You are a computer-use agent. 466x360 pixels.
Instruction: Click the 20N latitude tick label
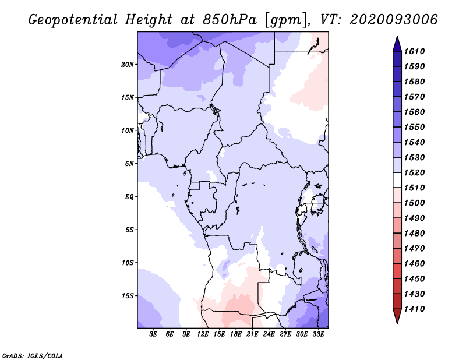point(128,64)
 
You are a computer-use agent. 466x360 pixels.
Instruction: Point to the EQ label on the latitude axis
point(129,197)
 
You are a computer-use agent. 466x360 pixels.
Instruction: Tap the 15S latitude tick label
point(128,296)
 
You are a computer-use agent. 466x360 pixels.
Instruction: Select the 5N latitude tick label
point(129,164)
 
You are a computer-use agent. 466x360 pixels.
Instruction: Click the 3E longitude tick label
point(154,334)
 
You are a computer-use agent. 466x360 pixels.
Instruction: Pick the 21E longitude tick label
point(252,334)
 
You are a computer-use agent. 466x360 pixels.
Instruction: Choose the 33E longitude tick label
point(318,334)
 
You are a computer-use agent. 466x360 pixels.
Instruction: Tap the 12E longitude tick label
point(203,334)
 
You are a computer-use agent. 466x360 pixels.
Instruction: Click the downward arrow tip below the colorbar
point(396,322)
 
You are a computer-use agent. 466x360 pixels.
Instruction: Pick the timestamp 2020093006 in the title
point(393,20)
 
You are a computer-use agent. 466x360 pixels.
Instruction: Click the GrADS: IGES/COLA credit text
point(33,355)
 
